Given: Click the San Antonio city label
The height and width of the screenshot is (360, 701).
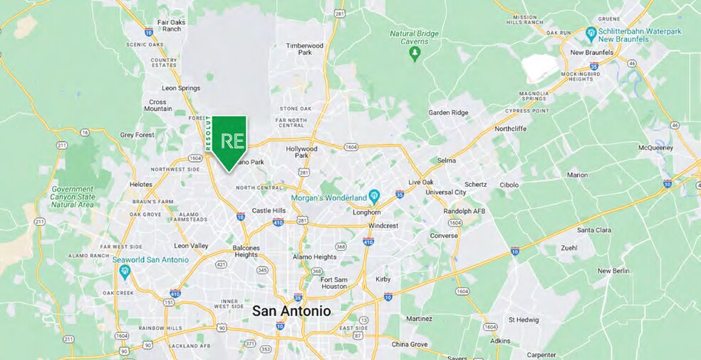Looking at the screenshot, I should [291, 311].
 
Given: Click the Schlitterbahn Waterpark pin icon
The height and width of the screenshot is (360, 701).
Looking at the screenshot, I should [590, 33].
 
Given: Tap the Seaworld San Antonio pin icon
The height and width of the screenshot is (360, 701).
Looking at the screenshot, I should [125, 271].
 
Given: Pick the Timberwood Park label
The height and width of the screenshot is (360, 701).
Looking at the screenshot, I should [304, 49].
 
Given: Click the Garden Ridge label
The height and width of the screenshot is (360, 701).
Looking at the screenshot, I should [448, 113].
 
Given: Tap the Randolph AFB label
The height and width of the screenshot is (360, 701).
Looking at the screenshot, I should [464, 211].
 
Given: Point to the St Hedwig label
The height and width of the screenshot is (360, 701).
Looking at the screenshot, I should [526, 319].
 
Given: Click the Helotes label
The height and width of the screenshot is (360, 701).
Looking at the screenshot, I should [141, 184].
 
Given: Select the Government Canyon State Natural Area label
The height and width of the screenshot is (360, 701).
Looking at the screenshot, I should [73, 197].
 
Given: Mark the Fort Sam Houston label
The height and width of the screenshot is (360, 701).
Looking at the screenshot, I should [333, 282].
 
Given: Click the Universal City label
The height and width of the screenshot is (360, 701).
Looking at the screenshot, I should [445, 192].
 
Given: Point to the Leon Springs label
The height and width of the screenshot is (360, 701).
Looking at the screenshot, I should [179, 88].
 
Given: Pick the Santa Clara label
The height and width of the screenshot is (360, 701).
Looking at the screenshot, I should [595, 230].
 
